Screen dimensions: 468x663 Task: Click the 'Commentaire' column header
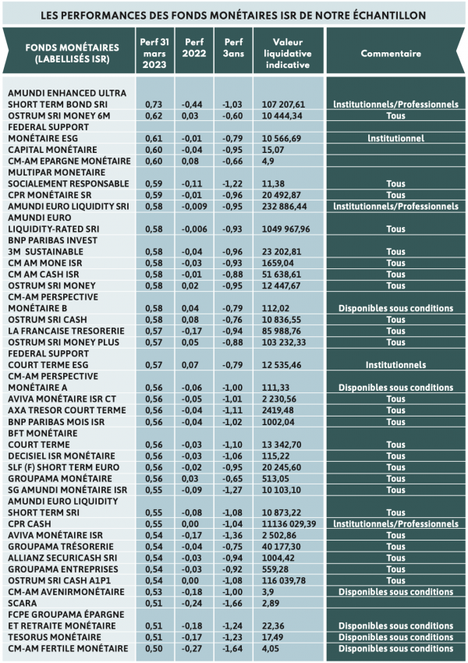coord(391,54)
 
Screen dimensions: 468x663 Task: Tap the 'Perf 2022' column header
coord(194,48)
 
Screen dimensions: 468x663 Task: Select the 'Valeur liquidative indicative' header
coord(288,53)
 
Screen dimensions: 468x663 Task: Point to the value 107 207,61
coord(283,105)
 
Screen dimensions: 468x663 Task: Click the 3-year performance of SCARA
coord(233,604)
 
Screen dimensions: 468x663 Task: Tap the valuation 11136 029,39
coord(289,524)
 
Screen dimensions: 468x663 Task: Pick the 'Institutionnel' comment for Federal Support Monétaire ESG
coord(395,139)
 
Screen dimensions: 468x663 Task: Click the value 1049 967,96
coord(285,229)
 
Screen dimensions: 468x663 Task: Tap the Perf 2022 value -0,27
coord(192,649)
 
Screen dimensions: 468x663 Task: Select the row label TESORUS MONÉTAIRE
coord(55,637)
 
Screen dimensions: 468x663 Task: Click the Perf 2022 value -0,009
coord(194,207)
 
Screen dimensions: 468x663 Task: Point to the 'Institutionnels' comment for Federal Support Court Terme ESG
coord(395,365)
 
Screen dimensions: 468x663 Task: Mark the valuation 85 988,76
coord(281,331)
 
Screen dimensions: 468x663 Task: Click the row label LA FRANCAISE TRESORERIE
coord(66,331)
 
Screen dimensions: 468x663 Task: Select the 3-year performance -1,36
coord(233,535)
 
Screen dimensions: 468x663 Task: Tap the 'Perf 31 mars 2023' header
coord(154,53)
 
